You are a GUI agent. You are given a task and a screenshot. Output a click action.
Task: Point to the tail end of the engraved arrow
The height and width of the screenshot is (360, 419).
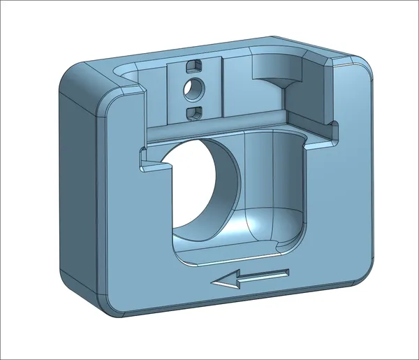[287, 273]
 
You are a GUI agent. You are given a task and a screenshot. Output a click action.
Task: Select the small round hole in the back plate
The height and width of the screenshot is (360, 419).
[195, 88]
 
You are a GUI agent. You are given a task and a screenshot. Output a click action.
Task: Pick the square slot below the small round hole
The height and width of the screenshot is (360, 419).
[194, 112]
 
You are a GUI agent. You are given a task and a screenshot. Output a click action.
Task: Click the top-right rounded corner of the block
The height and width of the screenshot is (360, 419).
[363, 70]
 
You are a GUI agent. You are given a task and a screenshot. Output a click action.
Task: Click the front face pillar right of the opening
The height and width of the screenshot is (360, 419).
[342, 203]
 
